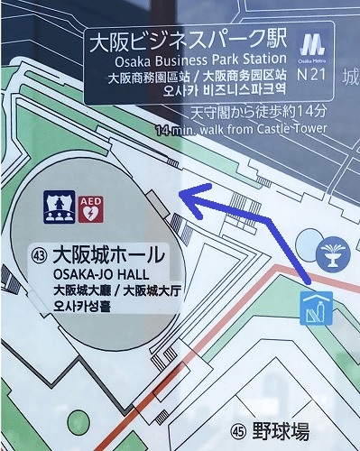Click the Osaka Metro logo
point(312,44)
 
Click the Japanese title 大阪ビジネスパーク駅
point(188,41)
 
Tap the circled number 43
point(39,253)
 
